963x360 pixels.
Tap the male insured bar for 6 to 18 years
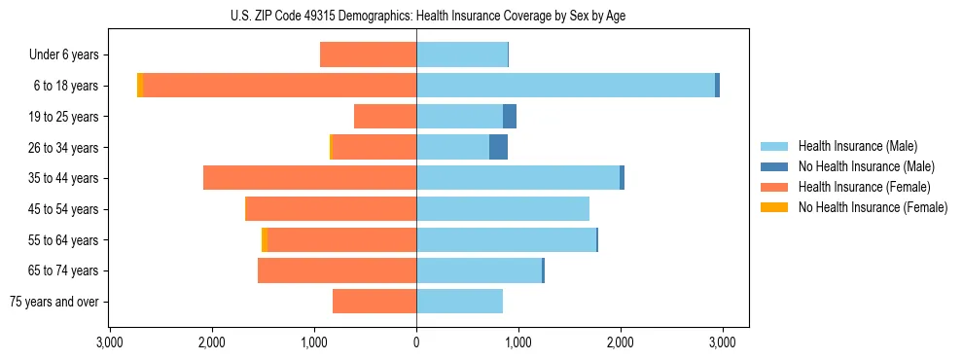(565, 86)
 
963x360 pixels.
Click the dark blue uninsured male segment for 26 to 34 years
(498, 147)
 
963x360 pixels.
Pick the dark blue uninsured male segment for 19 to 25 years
(510, 117)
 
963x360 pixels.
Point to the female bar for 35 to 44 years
(309, 178)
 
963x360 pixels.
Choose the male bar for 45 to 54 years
(503, 209)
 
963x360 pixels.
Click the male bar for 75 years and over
(459, 302)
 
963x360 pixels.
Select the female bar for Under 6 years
(368, 54)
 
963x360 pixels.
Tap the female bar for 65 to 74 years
(337, 270)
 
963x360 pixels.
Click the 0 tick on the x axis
(416, 342)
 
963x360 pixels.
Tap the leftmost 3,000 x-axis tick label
(110, 342)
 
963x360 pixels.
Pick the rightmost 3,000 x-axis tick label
(722, 342)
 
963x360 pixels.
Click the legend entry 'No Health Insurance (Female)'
(873, 207)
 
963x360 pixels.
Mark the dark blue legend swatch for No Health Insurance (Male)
(774, 166)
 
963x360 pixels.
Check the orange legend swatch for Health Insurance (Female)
(774, 187)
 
